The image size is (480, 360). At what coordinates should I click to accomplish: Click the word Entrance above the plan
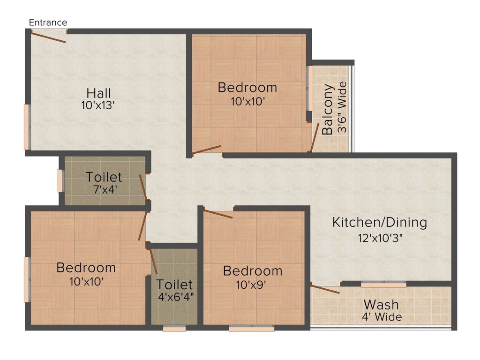coord(48,22)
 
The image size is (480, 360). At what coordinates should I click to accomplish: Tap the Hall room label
coord(98,93)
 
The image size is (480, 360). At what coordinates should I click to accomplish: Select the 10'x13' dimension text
coord(98,105)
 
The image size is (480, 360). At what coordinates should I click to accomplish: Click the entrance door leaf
coord(48,37)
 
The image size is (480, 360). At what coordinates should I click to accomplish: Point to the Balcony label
coord(327,109)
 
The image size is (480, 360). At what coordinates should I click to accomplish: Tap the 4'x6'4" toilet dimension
coord(176,297)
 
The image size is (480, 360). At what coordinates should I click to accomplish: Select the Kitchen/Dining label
coord(380,223)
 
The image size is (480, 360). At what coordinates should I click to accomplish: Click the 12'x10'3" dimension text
coord(380,238)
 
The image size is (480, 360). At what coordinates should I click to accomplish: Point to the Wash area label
coord(381,305)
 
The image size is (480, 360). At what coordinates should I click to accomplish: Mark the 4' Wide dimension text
coord(382,317)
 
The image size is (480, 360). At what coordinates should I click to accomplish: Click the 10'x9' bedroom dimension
coord(251,285)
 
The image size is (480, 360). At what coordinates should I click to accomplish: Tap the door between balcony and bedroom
coord(315,137)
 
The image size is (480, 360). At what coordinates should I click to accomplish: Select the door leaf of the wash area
coord(325,289)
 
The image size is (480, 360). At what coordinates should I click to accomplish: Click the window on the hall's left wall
coord(27,127)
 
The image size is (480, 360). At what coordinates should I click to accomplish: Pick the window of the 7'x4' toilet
coord(60,180)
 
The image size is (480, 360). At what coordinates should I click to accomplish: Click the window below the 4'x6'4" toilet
coord(174,329)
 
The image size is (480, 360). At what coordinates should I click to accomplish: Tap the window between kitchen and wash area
coord(383,285)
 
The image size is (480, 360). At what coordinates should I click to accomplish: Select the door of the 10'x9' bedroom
coord(218,214)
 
